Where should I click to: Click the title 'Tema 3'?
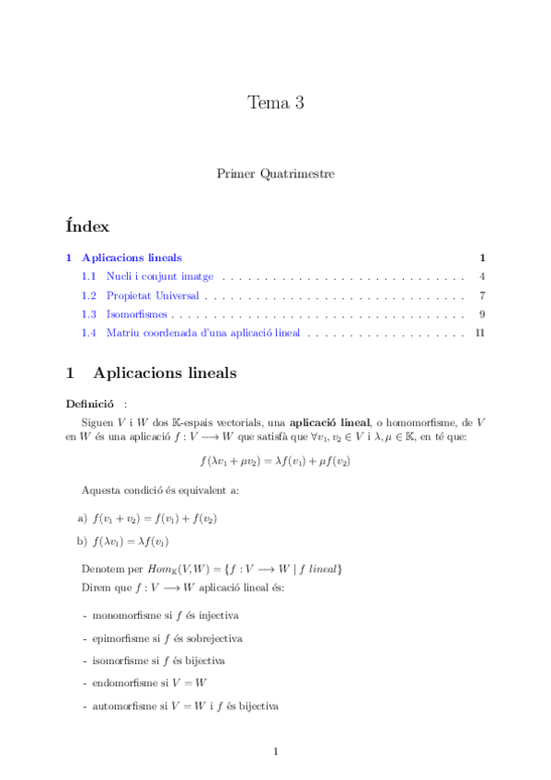[275, 103]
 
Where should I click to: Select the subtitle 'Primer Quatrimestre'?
[275, 173]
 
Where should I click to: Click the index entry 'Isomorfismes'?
[136, 315]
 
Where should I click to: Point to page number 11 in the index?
[479, 333]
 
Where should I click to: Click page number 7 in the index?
[482, 295]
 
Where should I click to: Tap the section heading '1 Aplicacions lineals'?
[152, 373]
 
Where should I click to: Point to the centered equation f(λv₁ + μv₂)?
[275, 461]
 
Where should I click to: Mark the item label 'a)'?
[83, 519]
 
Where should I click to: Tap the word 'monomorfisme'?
[122, 615]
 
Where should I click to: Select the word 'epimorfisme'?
[119, 637]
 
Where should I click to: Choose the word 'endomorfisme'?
[123, 683]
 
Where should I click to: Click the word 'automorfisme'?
[122, 706]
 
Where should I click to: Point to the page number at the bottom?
[275, 752]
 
